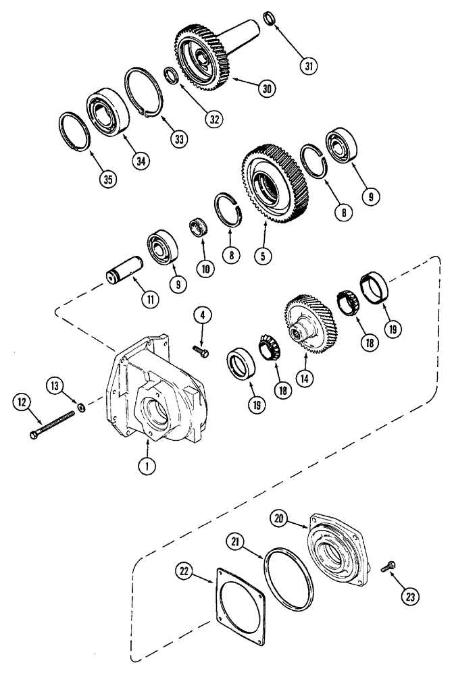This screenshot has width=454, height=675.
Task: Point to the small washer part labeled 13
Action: click(82, 407)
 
